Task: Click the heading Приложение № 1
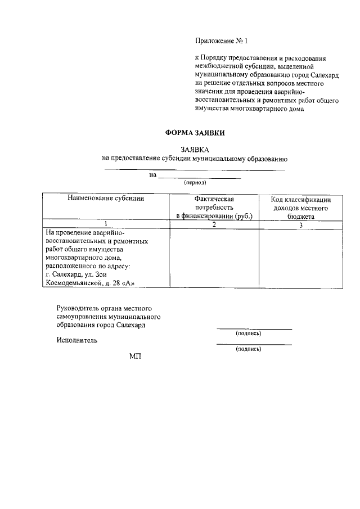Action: pyautogui.click(x=221, y=41)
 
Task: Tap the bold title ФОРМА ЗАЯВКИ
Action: pyautogui.click(x=194, y=133)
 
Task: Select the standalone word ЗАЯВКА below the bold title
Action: pyautogui.click(x=195, y=150)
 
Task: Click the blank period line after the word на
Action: pyautogui.click(x=199, y=177)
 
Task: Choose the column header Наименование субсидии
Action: pyautogui.click(x=106, y=199)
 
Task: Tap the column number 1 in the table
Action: pyautogui.click(x=106, y=225)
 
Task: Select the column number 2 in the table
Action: pyautogui.click(x=214, y=225)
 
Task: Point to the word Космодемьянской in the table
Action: pyautogui.click(x=74, y=283)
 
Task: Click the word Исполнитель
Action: pyautogui.click(x=77, y=340)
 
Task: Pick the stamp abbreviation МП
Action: pyautogui.click(x=135, y=357)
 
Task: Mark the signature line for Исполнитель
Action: pyautogui.click(x=254, y=343)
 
